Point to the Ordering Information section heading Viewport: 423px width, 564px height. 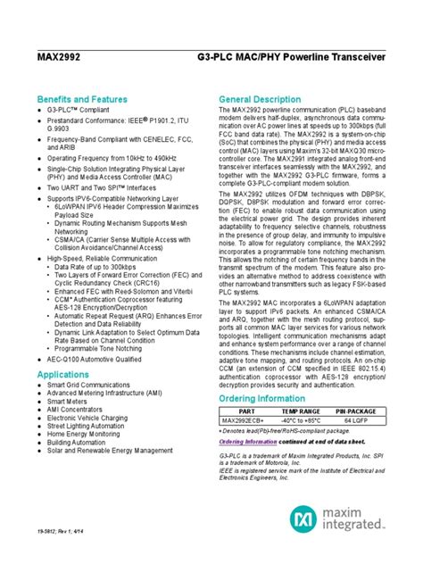pyautogui.click(x=264, y=398)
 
